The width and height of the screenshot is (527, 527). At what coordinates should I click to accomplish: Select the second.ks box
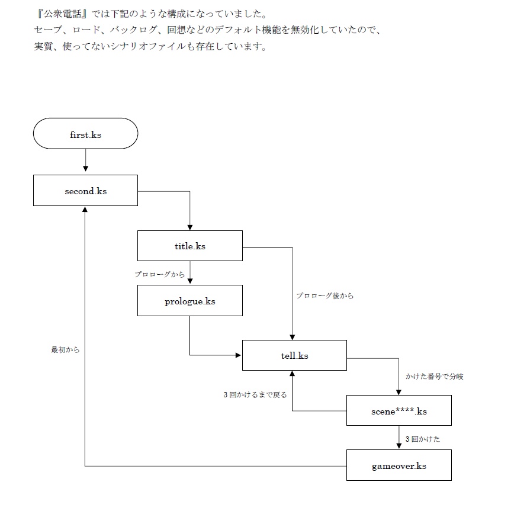point(85,191)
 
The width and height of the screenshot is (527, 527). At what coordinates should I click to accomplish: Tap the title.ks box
point(189,246)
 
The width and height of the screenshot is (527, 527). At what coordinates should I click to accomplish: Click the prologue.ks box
point(189,301)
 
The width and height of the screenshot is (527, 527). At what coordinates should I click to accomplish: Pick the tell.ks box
point(294,355)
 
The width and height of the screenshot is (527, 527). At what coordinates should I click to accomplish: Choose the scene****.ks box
point(399,410)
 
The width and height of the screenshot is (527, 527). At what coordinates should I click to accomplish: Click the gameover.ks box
point(399,465)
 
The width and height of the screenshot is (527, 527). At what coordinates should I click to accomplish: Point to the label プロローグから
point(159,274)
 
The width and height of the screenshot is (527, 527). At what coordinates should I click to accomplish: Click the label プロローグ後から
point(325,295)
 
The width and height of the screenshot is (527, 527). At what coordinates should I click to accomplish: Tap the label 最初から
point(65,350)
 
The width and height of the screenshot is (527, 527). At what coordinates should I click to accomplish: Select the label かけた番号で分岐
point(434,377)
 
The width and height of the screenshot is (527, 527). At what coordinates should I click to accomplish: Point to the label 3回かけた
point(422,439)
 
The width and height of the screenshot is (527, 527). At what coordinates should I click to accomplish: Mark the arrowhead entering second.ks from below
point(85,210)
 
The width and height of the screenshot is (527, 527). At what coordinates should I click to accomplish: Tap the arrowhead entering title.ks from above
point(189,227)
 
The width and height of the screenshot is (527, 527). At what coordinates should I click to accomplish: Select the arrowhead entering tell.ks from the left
point(238,355)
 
